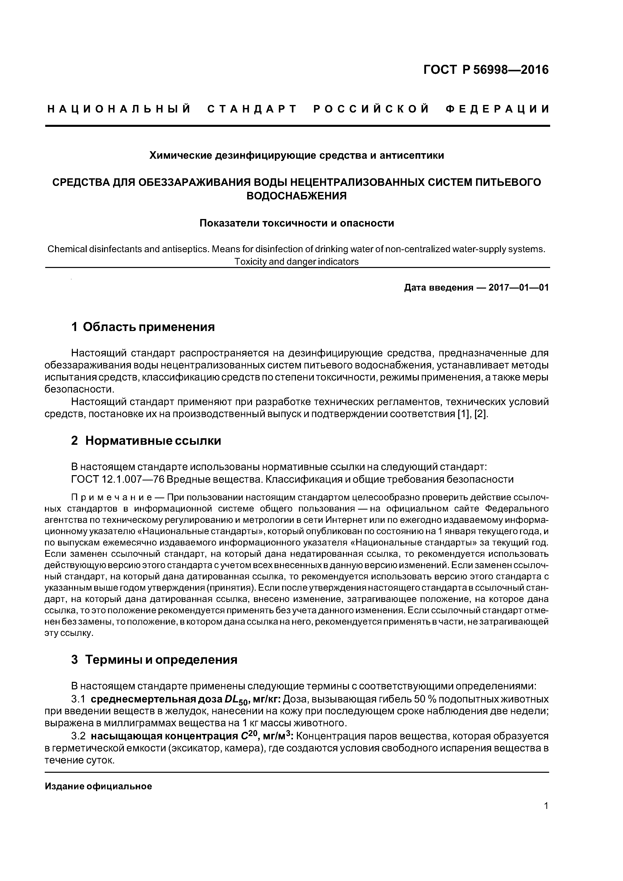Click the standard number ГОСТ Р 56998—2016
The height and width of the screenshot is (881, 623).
pyautogui.click(x=486, y=70)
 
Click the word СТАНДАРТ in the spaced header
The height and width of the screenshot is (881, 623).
pyautogui.click(x=252, y=109)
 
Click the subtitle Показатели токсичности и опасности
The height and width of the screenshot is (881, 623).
pyautogui.click(x=296, y=223)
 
